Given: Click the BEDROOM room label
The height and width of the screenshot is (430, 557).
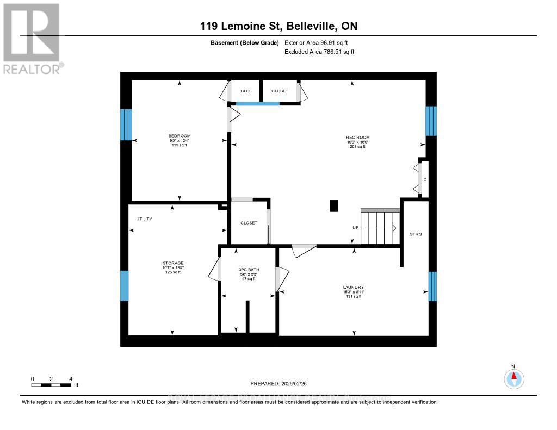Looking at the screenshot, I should [180, 136].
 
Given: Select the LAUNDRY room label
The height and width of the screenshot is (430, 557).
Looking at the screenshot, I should [353, 287].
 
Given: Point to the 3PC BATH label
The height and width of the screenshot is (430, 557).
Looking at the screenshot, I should [247, 270].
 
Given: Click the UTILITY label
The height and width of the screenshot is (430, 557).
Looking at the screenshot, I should [144, 219].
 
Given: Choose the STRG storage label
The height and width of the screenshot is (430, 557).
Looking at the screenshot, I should [416, 234].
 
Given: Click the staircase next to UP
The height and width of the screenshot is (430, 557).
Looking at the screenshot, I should [380, 227].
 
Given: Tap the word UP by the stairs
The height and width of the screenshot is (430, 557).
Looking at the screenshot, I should [355, 227].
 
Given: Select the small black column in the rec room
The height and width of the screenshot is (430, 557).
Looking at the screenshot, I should [333, 206].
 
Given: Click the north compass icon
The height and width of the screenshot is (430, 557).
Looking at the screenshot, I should [513, 377].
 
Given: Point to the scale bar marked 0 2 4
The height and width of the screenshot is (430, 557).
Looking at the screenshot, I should [52, 384].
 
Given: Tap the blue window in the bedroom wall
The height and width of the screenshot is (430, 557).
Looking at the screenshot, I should [126, 124].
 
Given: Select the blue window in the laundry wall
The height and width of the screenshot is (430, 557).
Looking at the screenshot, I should [432, 286].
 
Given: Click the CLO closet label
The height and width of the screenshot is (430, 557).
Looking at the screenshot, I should [245, 91].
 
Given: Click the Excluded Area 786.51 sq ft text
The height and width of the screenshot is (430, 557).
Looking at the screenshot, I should [319, 52].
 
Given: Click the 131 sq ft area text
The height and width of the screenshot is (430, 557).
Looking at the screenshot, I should [353, 296].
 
